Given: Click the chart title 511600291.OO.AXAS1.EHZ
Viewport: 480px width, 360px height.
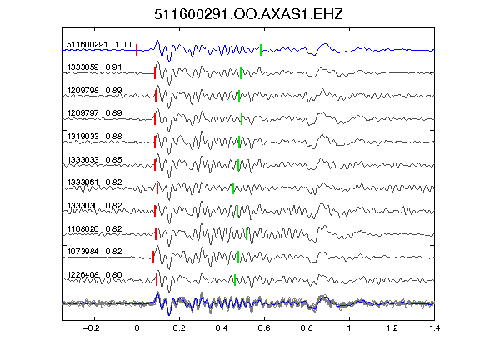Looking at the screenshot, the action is coord(248,14).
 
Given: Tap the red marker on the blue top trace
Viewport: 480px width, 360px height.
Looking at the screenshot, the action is coord(137,50).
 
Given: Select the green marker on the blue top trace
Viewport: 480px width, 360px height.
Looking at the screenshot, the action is coord(261,50).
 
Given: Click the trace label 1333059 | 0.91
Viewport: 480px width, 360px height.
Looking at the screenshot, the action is coord(94,67).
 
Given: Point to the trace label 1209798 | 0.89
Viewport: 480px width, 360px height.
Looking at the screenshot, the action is coord(94,90).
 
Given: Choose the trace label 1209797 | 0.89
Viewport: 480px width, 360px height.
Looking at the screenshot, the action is coord(94,113).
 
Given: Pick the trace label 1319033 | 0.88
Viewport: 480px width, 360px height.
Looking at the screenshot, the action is coord(94,136).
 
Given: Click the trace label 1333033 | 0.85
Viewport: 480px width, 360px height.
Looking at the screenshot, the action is coord(94,159).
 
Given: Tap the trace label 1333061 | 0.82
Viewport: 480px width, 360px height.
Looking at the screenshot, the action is coord(94,182).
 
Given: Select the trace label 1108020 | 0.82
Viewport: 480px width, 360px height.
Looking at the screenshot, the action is coord(94,228).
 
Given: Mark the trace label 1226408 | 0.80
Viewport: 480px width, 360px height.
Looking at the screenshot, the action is coord(94,274).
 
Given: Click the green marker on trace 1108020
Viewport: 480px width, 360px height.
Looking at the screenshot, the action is coord(247,234).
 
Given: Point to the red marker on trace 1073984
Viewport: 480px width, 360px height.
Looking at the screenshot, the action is coord(153,257).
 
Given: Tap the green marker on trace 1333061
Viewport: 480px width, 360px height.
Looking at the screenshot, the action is coord(233,188).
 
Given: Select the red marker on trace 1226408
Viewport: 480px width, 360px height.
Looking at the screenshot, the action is coord(157,280).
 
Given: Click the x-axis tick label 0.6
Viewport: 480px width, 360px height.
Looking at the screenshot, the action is coord(264,328).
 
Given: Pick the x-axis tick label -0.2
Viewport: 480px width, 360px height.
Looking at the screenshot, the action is coord(91,328).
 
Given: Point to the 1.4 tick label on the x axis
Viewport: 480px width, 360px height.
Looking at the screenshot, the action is coord(434,328).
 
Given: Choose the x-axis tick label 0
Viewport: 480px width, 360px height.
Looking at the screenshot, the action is coord(137,328).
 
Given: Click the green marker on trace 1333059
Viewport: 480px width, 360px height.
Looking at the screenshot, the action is coord(241,72).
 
